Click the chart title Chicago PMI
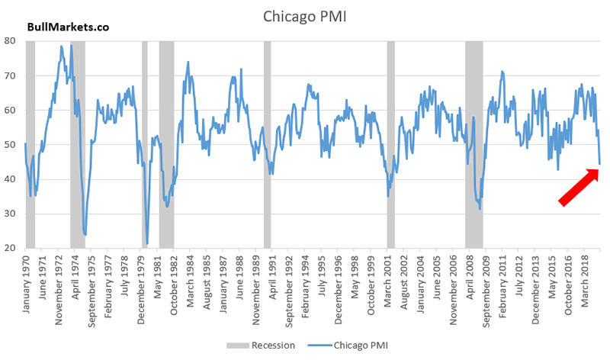[x=304, y=16]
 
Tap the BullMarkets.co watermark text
[x=68, y=27]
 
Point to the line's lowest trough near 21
[x=147, y=243]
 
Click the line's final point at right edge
[x=599, y=163]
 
